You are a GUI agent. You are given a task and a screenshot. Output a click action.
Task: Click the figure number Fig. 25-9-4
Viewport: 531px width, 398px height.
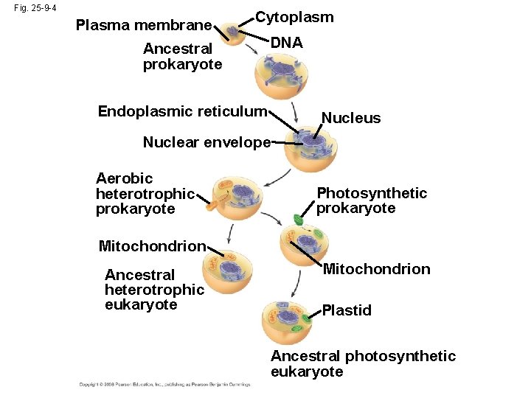(36, 8)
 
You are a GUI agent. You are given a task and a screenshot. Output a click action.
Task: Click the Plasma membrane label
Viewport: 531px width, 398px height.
(144, 26)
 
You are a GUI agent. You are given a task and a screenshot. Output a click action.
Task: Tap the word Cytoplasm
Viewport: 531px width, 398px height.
(294, 17)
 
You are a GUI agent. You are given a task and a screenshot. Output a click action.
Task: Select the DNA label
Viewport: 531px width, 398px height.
(286, 43)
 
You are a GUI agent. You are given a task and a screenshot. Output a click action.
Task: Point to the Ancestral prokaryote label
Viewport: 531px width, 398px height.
(181, 57)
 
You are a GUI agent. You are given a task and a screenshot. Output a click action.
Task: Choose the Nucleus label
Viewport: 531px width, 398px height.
(351, 118)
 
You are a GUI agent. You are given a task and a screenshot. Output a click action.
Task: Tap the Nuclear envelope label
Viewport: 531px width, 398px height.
(206, 142)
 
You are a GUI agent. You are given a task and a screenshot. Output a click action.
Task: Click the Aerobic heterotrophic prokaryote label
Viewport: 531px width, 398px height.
(145, 193)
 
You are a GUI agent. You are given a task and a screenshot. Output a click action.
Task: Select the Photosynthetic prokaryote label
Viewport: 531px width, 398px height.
(371, 200)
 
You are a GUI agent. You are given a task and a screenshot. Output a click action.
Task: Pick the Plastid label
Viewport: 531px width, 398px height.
(347, 310)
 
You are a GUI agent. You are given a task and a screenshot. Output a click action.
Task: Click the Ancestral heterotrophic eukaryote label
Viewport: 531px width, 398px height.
(153, 290)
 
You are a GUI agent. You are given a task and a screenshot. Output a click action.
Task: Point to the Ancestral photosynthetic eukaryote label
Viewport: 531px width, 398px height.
(363, 364)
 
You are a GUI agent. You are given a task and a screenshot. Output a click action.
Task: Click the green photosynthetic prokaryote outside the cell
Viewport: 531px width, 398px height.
(298, 219)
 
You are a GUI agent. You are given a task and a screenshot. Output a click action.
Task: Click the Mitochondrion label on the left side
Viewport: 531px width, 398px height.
(151, 246)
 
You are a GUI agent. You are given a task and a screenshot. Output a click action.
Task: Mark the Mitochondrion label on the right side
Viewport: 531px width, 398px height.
(376, 269)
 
